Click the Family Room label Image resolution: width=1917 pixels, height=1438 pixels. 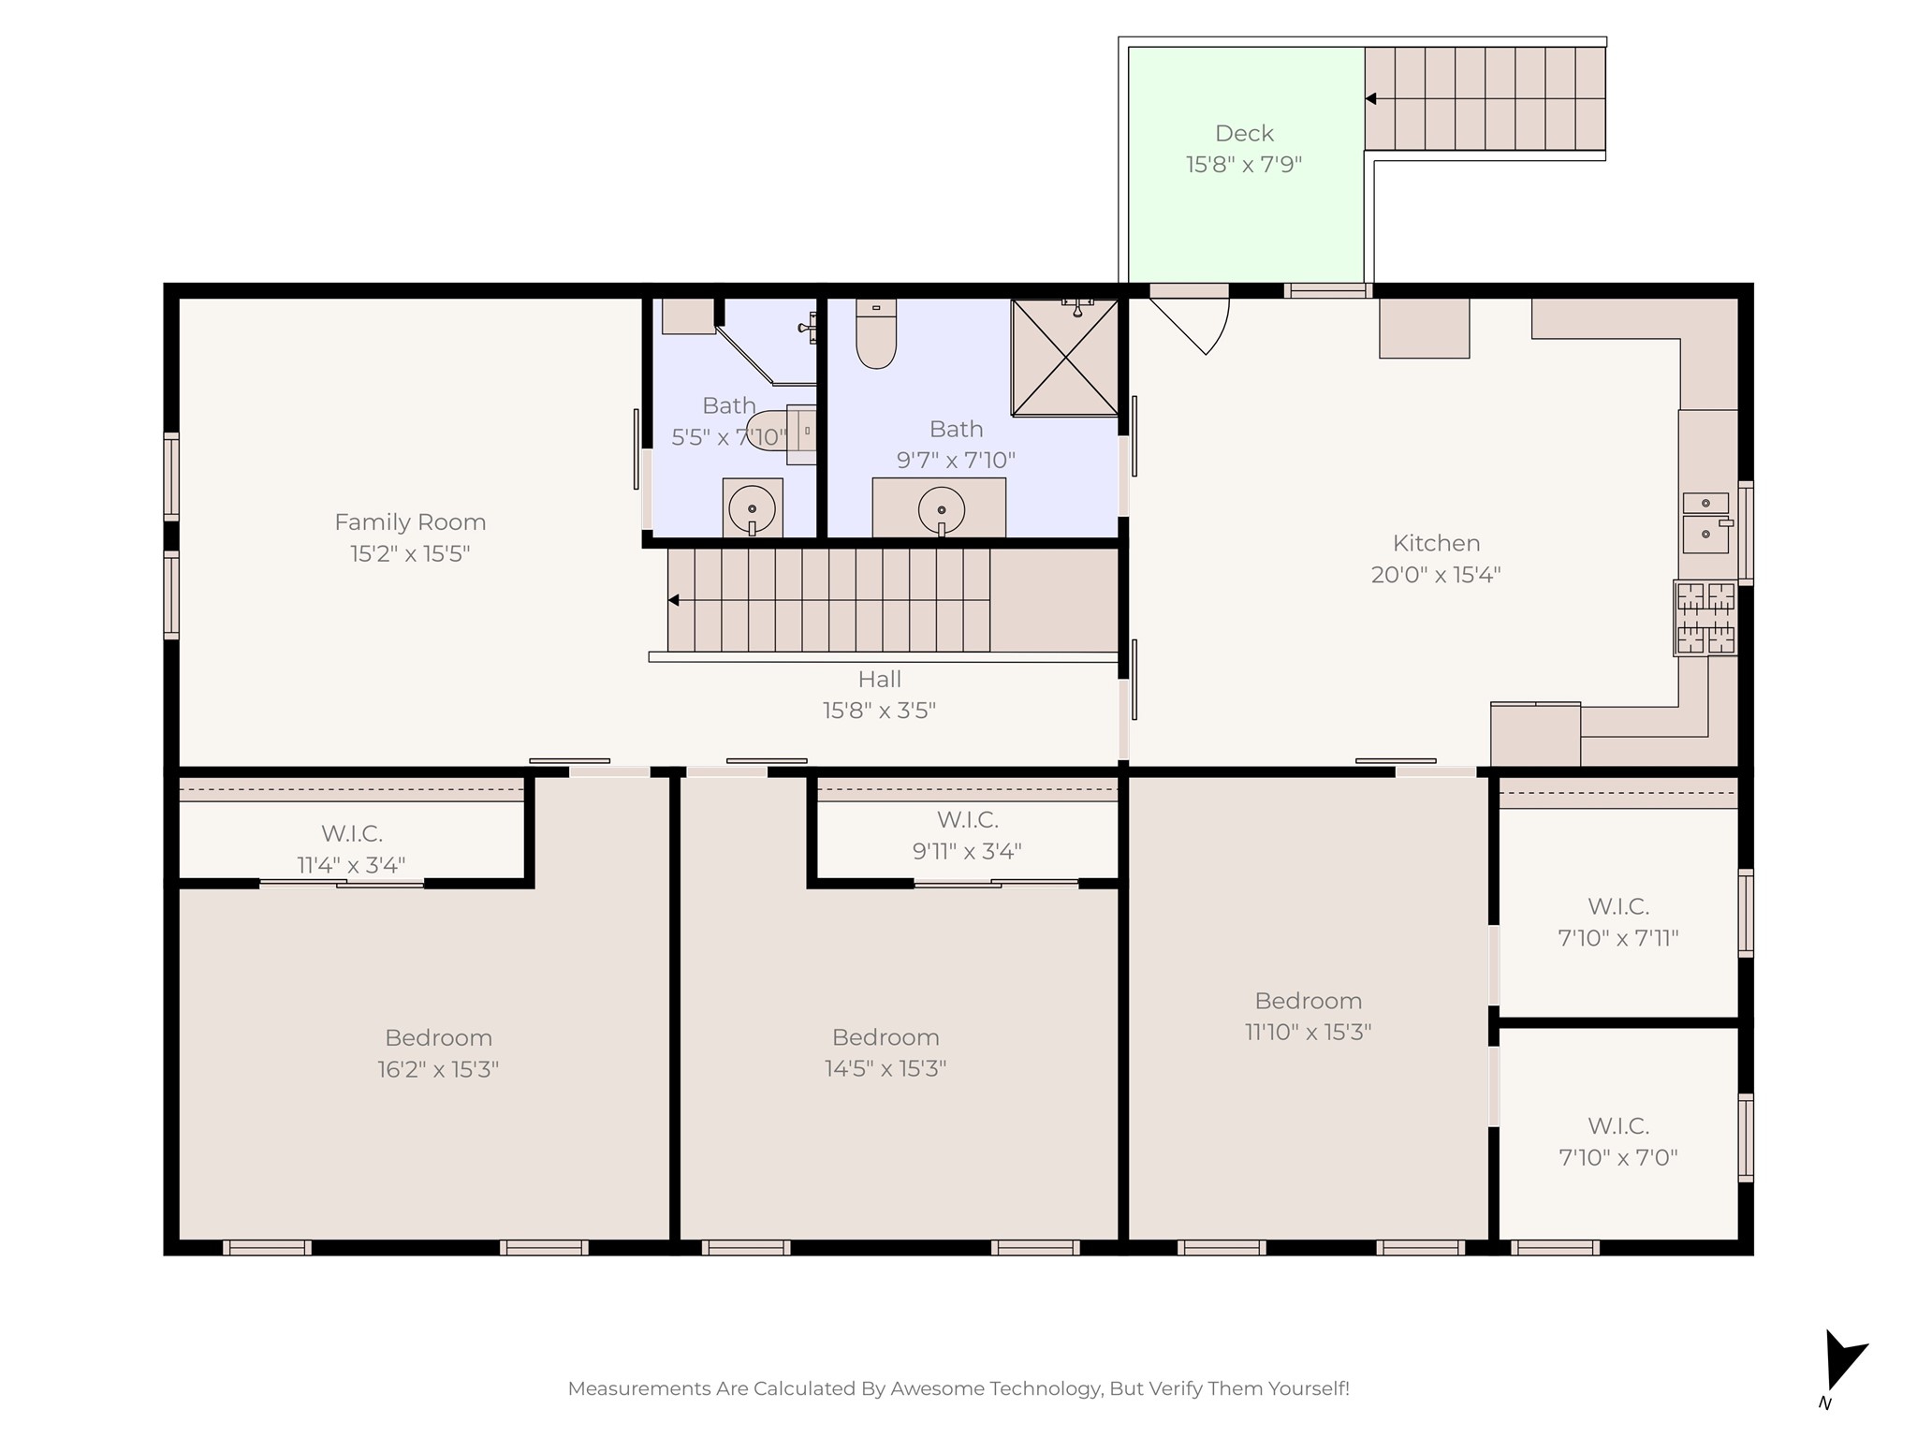tap(410, 521)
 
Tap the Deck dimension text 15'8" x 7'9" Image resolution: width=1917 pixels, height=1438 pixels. tap(1244, 165)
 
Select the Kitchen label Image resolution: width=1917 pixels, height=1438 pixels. tap(1436, 543)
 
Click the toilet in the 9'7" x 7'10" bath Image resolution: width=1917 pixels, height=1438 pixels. tap(876, 333)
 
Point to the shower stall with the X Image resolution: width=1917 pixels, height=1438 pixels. tap(1065, 358)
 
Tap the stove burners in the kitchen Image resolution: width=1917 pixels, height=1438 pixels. tap(1705, 618)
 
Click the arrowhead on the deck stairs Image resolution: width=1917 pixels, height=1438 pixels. tap(1370, 98)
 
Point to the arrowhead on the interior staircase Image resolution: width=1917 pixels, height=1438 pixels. tap(673, 600)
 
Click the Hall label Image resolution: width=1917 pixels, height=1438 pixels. tap(880, 679)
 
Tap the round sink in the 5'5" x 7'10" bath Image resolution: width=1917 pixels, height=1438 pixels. tap(753, 510)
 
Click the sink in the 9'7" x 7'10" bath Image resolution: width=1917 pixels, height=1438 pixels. tap(942, 510)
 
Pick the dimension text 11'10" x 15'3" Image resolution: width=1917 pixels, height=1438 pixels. tap(1308, 1032)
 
